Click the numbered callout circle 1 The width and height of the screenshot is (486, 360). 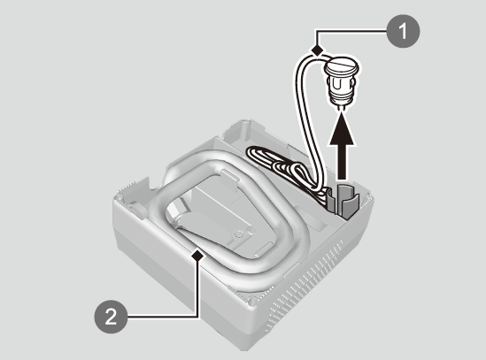pos(403,31)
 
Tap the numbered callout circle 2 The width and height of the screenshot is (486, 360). pos(111,317)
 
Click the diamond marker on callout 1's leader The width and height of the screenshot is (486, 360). pos(317,50)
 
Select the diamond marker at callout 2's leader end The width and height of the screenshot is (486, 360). pos(197,256)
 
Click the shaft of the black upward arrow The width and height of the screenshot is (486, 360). pos(342,162)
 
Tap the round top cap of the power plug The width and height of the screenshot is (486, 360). pos(341,65)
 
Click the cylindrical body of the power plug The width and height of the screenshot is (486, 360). pos(340,88)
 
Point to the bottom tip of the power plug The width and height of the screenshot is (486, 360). pos(341,109)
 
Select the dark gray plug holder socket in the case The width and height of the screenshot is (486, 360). pos(344,202)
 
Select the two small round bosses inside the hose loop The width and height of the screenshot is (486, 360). pos(245,233)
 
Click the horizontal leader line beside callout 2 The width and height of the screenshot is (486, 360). pos(162,317)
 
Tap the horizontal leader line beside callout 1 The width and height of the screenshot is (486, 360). pos(351,30)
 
